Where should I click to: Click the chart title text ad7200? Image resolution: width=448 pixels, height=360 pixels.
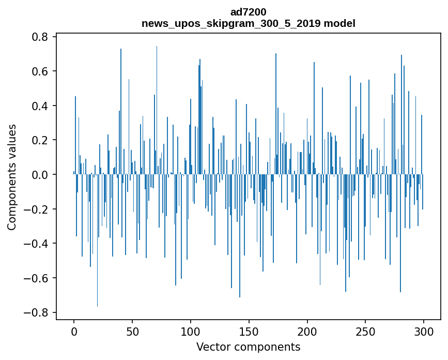tap(248, 11)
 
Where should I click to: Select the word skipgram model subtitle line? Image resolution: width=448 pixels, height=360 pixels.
tap(248, 23)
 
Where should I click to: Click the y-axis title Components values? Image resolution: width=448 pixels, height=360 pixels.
tap(12, 177)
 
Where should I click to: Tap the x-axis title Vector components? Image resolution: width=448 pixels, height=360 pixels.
tap(248, 347)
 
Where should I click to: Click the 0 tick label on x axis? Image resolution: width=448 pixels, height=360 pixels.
tap(74, 331)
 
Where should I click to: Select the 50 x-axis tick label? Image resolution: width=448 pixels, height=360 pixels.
tap(132, 331)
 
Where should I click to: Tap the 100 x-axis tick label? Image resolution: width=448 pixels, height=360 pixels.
tap(191, 331)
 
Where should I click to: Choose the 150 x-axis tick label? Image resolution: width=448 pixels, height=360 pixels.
tap(249, 331)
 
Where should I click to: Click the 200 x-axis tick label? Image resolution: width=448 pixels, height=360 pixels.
tap(307, 331)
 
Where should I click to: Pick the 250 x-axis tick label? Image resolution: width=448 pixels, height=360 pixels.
tap(366, 331)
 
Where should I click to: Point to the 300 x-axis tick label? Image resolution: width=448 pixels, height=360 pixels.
tap(424, 331)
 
